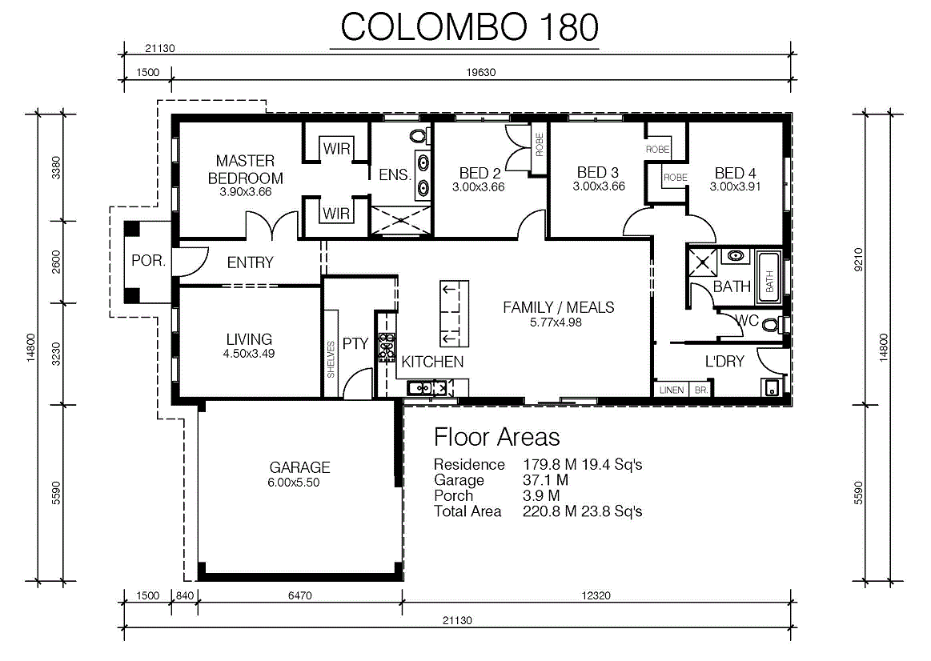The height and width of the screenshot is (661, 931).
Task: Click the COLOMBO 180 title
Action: (470, 27)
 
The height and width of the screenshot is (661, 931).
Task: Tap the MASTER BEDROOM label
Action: (245, 169)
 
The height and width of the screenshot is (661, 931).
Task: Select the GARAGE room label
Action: (299, 467)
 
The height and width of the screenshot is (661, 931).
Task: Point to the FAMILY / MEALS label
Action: (558, 307)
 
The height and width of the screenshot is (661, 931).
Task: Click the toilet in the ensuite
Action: (419, 136)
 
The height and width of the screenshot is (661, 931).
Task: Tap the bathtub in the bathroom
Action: (769, 278)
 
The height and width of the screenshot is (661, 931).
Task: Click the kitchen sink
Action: (427, 389)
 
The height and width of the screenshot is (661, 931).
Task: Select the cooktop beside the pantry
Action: (387, 347)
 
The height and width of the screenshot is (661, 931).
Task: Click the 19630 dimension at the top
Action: (481, 72)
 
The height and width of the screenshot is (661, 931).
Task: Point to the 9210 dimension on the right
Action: (858, 259)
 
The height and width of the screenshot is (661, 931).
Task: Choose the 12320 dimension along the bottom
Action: (596, 595)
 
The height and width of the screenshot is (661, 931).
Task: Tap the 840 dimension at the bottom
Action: (185, 595)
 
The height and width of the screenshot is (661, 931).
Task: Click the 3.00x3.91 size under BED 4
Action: (735, 186)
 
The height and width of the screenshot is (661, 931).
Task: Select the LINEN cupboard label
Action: (672, 390)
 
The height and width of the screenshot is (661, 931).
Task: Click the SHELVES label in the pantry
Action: (331, 359)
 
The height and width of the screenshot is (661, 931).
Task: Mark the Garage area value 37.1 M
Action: (545, 480)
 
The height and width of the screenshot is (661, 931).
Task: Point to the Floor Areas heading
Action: (496, 437)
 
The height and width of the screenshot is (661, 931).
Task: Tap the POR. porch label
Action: (148, 261)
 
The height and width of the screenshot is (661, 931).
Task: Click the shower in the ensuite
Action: (401, 220)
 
